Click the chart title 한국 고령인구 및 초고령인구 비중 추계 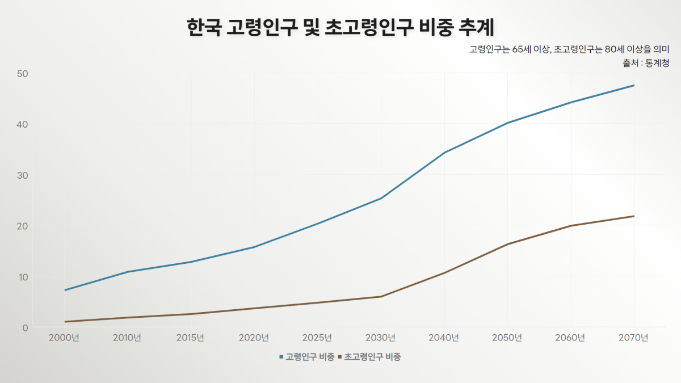pos(340,27)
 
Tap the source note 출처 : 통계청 pos(646,64)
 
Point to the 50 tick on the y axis pos(23,74)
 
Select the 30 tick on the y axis pos(23,175)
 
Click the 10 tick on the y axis pos(23,277)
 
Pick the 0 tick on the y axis pos(26,327)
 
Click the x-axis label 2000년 pos(64,338)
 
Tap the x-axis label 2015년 pos(191,338)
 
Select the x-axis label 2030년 pos(381,338)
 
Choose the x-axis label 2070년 pos(634,338)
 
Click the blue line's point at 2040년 pos(444,153)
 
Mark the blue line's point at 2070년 pos(634,86)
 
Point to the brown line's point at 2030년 pos(381,297)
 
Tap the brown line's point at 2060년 pos(570,226)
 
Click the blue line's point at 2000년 pos(65,291)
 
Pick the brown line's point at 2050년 pos(507,244)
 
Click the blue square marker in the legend pos(281,357)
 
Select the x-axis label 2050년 pos(507,338)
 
